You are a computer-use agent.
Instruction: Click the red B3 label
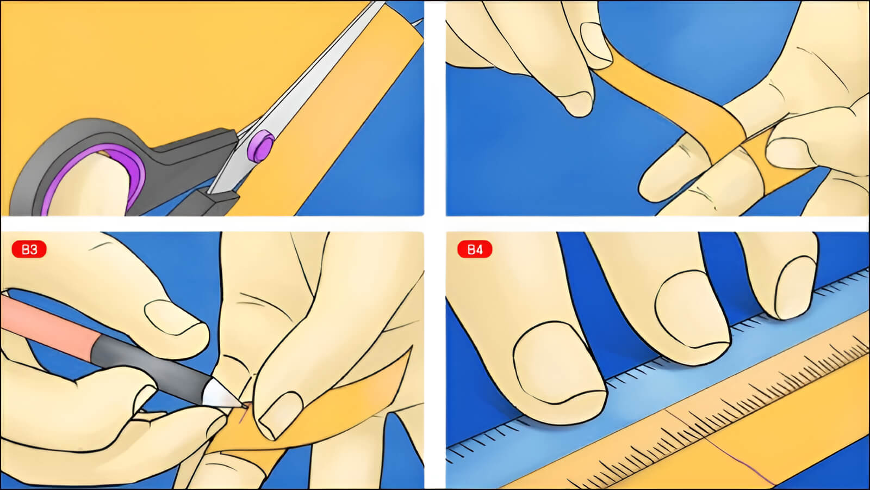coord(29,249)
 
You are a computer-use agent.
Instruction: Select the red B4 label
coord(475,249)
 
